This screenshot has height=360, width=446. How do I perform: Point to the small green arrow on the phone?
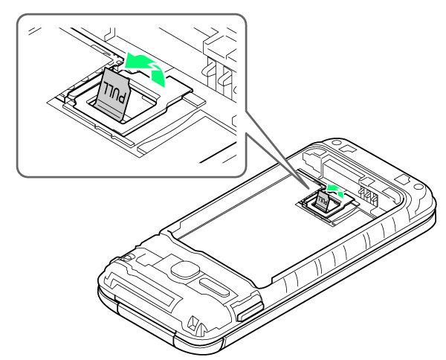336,190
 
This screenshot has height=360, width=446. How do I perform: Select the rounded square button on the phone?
185,269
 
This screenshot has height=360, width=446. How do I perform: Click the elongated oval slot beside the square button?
214,287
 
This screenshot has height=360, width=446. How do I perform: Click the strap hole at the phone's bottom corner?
196,322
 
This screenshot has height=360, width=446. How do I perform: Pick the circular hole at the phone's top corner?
337,143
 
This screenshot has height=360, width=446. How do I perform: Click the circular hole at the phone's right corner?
418,187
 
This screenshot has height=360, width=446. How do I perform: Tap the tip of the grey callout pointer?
309,188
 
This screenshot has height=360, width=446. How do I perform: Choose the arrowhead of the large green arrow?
132,60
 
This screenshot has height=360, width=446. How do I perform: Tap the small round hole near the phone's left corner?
128,257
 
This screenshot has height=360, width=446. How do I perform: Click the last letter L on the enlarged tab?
106,86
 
